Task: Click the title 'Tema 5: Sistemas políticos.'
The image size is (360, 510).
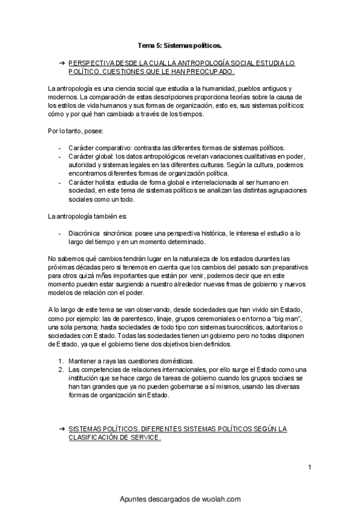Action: click(180, 45)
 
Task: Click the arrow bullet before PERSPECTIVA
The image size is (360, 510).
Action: click(62, 63)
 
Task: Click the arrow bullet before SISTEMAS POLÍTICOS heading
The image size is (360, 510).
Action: click(62, 429)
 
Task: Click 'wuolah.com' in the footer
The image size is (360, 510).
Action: click(218, 499)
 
